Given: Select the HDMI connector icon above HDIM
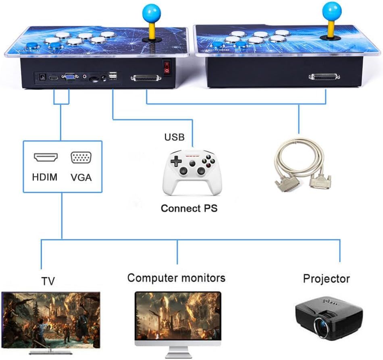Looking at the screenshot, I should pyautogui.click(x=46, y=157).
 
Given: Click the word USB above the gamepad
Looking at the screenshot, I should pyautogui.click(x=174, y=137).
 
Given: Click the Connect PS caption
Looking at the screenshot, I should pyautogui.click(x=189, y=208).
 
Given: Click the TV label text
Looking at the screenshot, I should pyautogui.click(x=48, y=281).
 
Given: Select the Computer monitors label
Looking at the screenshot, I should pyautogui.click(x=176, y=278).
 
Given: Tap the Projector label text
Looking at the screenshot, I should pyautogui.click(x=327, y=278).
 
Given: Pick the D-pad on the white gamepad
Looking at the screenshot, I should pyautogui.click(x=176, y=161).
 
